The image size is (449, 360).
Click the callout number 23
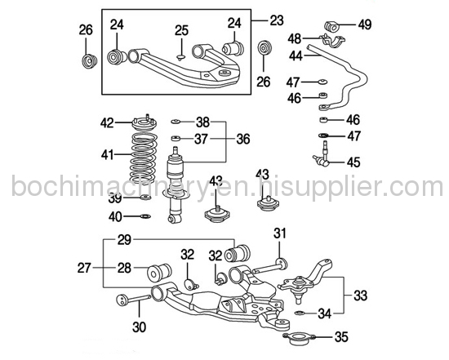coord(279,18)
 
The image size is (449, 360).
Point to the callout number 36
coord(242,139)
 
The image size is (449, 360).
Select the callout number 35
coord(341,336)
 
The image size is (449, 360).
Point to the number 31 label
coord(280,234)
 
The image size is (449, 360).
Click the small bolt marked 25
coord(180,57)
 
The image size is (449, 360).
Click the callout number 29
coord(123,239)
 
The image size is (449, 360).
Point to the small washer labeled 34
coord(299,312)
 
